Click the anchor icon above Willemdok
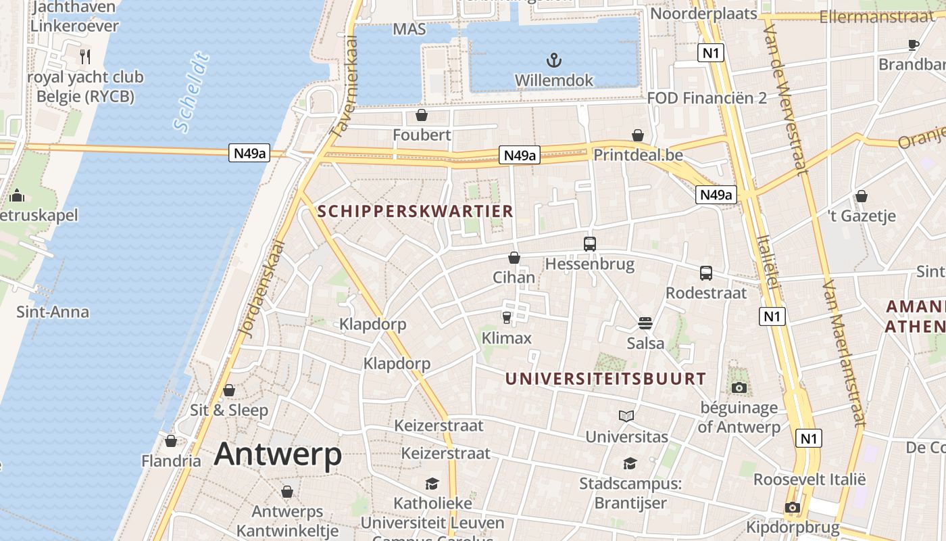[553, 60]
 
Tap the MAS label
[409, 30]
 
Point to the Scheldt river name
[191, 92]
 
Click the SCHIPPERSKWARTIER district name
[416, 211]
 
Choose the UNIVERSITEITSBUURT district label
[605, 379]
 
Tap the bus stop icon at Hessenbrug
[590, 243]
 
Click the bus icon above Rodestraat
[706, 273]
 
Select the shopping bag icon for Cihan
[514, 258]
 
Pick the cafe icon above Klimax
[507, 317]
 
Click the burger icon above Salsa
[645, 323]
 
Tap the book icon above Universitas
[626, 416]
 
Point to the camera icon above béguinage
[739, 387]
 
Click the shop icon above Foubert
[422, 115]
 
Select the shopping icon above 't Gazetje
[862, 196]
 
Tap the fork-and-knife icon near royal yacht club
[85, 56]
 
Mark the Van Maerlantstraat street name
[844, 352]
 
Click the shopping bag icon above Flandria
[171, 441]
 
